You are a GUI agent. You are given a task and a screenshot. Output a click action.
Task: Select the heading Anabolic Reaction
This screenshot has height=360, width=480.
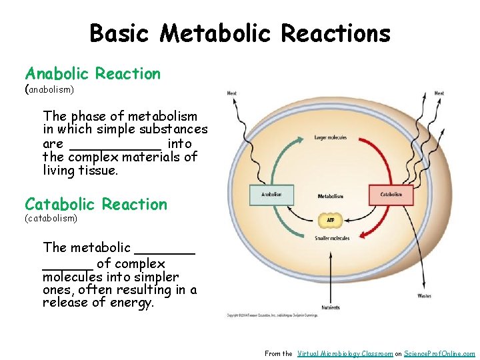click(x=93, y=74)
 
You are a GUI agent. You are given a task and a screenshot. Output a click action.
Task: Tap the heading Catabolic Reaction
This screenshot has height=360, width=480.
click(x=96, y=205)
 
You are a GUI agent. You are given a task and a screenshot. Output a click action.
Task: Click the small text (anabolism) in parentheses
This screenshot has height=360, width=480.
click(x=49, y=89)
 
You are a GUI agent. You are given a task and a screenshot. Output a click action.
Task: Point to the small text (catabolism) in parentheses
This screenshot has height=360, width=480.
click(x=51, y=218)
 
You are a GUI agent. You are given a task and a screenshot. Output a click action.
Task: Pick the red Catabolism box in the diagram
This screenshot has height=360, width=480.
click(x=391, y=195)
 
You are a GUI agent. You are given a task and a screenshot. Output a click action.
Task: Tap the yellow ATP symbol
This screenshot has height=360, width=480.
click(x=329, y=219)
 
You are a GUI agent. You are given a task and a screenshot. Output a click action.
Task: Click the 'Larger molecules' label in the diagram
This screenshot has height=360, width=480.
click(x=330, y=138)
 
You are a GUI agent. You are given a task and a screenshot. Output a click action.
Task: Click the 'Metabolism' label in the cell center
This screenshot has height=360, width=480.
click(x=330, y=196)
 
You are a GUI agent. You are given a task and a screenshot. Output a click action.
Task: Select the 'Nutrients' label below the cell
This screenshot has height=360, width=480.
click(x=331, y=307)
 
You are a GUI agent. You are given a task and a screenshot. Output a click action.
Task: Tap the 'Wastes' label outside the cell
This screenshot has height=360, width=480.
click(x=424, y=295)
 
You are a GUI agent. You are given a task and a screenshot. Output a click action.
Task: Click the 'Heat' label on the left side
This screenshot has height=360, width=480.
click(x=231, y=93)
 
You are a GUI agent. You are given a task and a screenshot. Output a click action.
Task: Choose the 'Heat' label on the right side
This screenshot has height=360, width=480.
click(x=439, y=93)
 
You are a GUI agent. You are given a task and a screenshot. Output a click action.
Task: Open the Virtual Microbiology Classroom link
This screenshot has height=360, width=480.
click(x=345, y=354)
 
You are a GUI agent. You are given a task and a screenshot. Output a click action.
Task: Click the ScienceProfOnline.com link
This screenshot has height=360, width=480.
click(x=439, y=354)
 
